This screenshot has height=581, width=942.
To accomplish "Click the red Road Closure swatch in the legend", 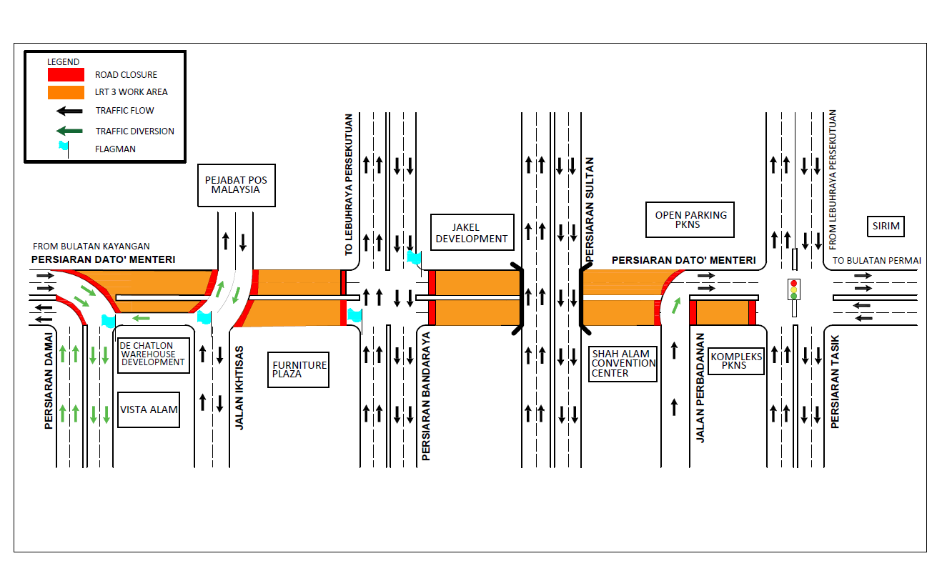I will (66, 74).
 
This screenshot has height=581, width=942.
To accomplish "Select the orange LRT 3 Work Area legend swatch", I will (66, 92).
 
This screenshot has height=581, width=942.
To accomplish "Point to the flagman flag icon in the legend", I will (65, 149).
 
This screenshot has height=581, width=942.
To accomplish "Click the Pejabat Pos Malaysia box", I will (236, 185).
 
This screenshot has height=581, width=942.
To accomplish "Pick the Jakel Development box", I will (472, 233).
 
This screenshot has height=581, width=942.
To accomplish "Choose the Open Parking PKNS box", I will (690, 219).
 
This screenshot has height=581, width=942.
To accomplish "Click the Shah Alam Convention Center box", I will (623, 363).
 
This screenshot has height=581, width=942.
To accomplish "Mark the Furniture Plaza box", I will (299, 369).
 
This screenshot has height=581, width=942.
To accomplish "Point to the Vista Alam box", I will (149, 409).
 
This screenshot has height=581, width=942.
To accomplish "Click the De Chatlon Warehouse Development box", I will (153, 354).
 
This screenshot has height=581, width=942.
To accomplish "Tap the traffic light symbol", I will (793, 289).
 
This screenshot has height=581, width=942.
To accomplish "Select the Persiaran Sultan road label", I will (590, 210).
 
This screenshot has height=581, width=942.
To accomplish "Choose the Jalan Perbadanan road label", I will (700, 387).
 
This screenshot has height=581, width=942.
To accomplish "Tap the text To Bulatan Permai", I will (876, 260).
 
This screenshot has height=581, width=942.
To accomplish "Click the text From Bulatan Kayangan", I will (91, 247).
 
